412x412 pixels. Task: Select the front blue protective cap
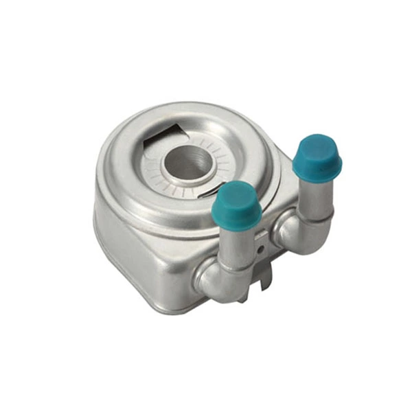coord(236,205)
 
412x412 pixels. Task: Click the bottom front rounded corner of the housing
coord(165,299)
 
